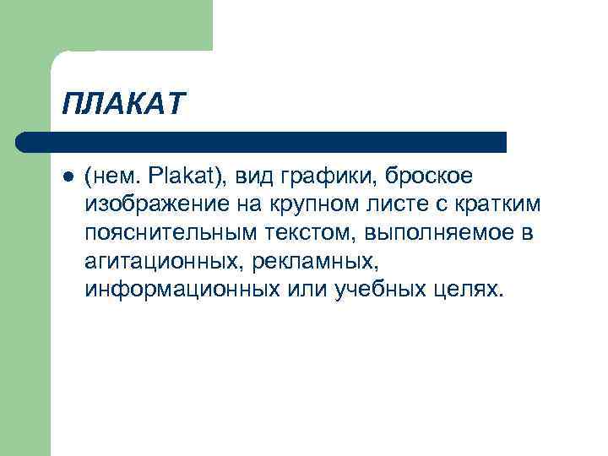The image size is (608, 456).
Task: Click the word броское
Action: (429, 176)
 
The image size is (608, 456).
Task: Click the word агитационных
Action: (161, 262)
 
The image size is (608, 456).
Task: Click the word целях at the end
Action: (470, 290)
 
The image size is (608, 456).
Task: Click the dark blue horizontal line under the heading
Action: (262, 141)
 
